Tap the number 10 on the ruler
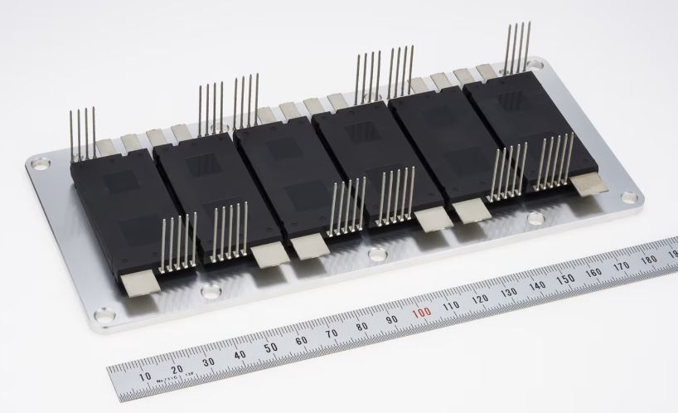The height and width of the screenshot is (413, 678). click(145, 377)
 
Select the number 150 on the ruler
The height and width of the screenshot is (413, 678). click(564, 278)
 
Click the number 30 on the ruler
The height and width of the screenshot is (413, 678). click(208, 362)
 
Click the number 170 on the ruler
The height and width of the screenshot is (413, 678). click(620, 265)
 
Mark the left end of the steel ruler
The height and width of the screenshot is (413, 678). click(110, 383)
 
